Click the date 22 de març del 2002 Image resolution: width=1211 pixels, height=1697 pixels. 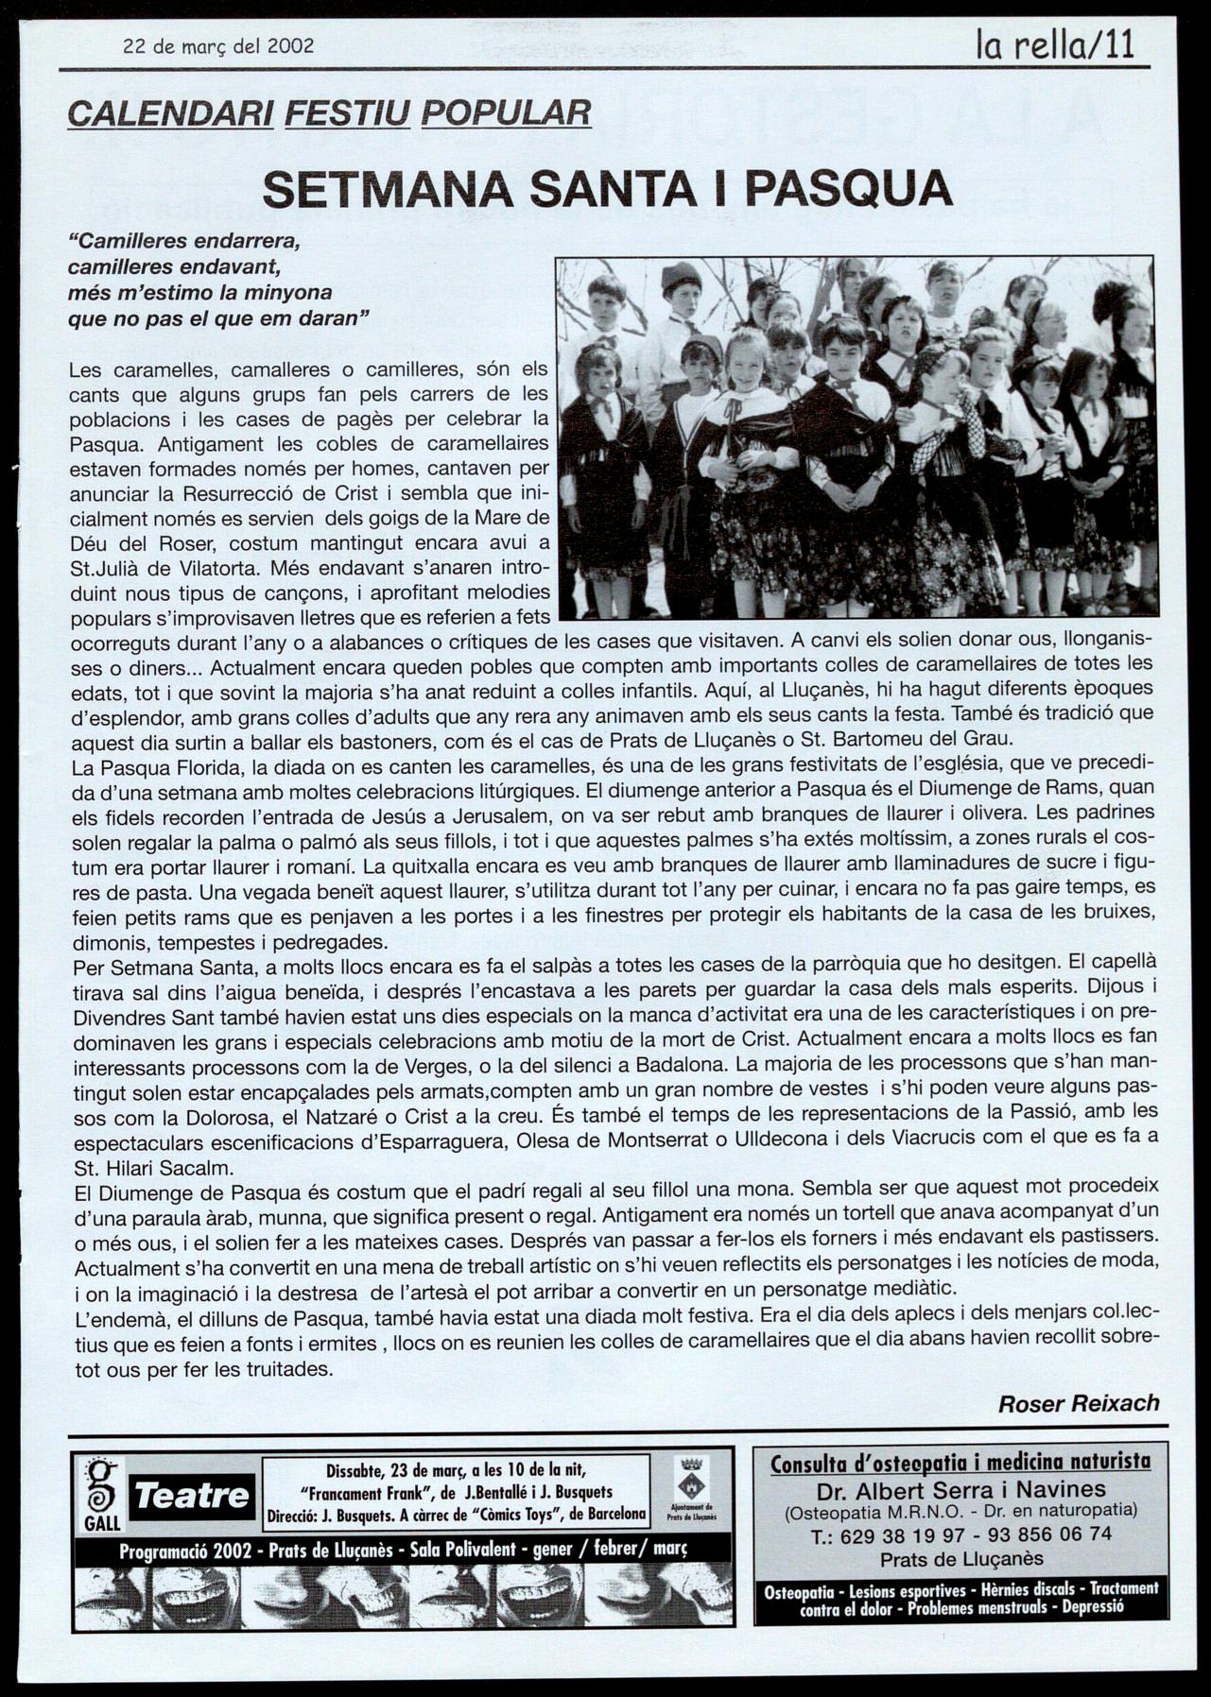(218, 45)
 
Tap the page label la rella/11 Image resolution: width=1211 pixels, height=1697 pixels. (1056, 43)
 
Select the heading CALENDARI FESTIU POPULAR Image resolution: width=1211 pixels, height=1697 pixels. (330, 113)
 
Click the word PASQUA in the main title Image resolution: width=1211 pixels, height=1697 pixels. (848, 188)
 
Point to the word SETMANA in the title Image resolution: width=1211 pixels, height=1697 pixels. (386, 188)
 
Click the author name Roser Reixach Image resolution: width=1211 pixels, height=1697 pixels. (1079, 1403)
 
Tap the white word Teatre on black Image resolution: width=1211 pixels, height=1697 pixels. (192, 1496)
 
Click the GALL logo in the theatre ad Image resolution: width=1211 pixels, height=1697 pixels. (101, 1494)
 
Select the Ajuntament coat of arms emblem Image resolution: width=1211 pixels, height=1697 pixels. (691, 1476)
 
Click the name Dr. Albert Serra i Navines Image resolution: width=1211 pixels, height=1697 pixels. (960, 1492)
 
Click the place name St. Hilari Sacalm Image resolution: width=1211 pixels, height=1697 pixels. (153, 1166)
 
